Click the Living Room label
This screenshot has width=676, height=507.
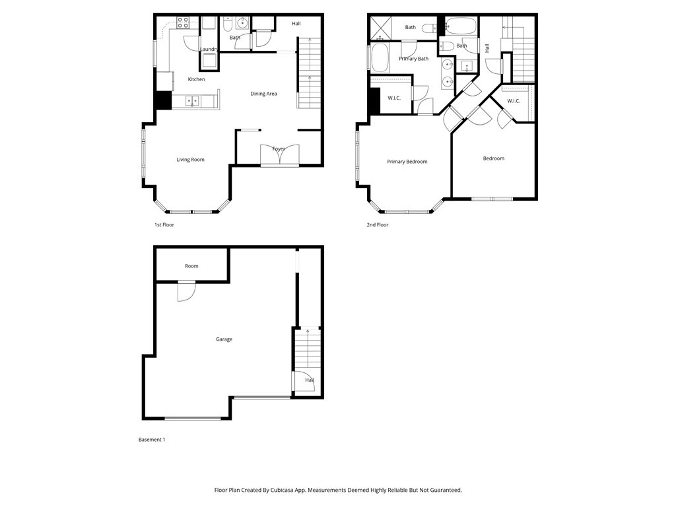pyautogui.click(x=190, y=160)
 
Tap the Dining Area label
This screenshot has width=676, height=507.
pyautogui.click(x=263, y=94)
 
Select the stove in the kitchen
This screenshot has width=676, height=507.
pyautogui.click(x=183, y=22)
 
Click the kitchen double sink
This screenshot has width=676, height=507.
pyautogui.click(x=192, y=101)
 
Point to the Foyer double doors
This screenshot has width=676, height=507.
pyautogui.click(x=280, y=154)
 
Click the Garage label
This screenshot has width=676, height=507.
pyautogui.click(x=224, y=339)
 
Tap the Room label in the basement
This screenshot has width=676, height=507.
pyautogui.click(x=191, y=266)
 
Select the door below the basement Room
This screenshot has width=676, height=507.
pyautogui.click(x=187, y=291)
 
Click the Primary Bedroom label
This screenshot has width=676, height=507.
pyautogui.click(x=407, y=162)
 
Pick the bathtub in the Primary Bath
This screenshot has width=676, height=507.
pyautogui.click(x=380, y=57)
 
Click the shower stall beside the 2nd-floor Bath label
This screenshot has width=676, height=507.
pyautogui.click(x=380, y=28)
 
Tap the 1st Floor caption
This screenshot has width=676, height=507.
pyautogui.click(x=164, y=224)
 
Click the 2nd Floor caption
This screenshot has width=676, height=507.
pyautogui.click(x=378, y=224)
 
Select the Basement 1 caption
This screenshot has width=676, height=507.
pyautogui.click(x=152, y=440)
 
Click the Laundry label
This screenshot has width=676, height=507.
pyautogui.click(x=209, y=49)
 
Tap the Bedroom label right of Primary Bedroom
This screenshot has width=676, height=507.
pyautogui.click(x=494, y=158)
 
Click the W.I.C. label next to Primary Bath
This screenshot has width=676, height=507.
pyautogui.click(x=394, y=98)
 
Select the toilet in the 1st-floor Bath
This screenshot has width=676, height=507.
pyautogui.click(x=228, y=24)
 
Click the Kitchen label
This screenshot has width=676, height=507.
pyautogui.click(x=196, y=79)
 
